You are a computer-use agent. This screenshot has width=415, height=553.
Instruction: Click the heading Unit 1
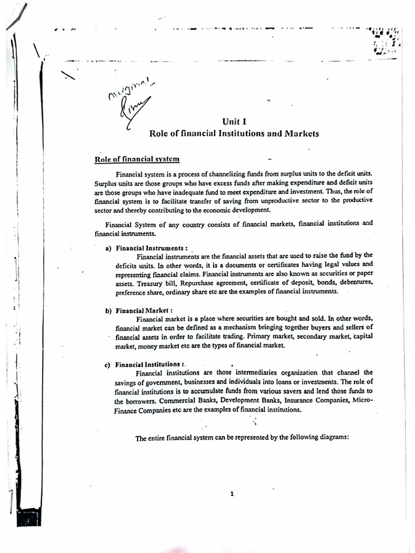(x=235, y=122)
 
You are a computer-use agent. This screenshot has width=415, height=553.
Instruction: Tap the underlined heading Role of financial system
(x=137, y=159)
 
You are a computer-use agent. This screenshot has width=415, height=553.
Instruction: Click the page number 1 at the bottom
(x=232, y=494)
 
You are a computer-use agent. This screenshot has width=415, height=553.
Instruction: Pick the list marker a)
(x=108, y=248)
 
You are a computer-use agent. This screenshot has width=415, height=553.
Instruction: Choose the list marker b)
(x=108, y=311)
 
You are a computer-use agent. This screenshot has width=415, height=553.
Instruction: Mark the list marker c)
(x=108, y=365)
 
